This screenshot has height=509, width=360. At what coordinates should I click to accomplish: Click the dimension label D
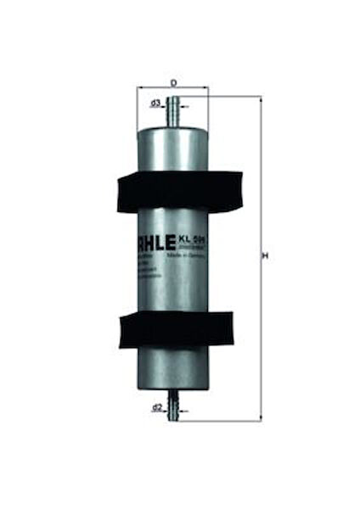click(173, 81)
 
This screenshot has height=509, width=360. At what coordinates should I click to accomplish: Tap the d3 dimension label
click(155, 104)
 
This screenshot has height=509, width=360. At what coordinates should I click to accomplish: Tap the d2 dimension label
click(156, 408)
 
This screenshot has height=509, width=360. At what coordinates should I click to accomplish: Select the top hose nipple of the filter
click(173, 111)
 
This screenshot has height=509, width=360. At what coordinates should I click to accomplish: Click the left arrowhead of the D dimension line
click(140, 88)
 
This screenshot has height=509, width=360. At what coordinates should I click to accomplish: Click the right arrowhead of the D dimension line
click(206, 88)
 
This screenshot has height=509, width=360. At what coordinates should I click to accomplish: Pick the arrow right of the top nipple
click(184, 106)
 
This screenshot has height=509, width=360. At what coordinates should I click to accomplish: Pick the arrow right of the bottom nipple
click(184, 408)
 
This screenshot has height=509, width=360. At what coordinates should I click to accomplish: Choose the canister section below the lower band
click(173, 369)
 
